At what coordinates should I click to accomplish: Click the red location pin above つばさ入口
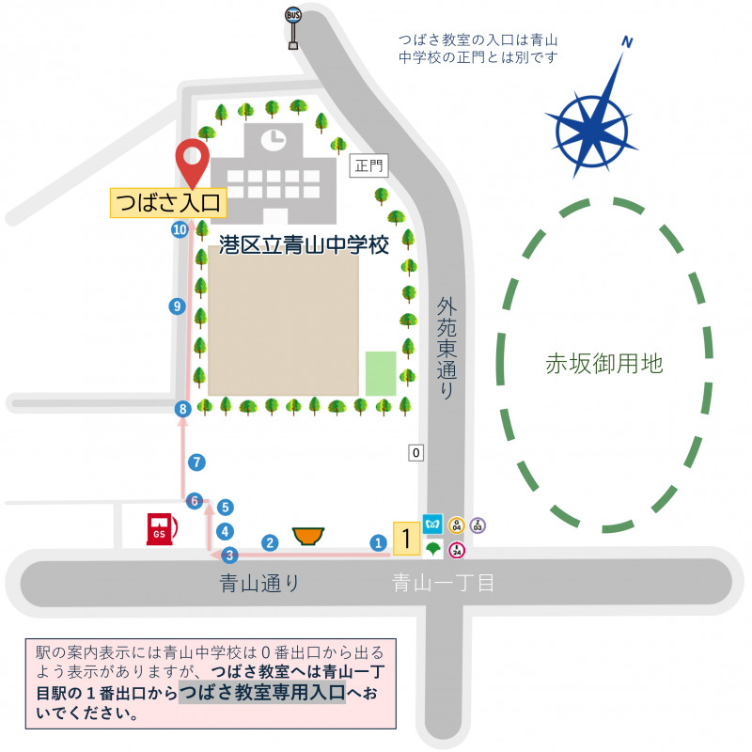click(x=195, y=163)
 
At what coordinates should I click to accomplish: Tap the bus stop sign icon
click(x=293, y=27)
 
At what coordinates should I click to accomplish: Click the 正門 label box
click(x=370, y=166)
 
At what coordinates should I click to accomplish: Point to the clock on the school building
click(x=273, y=140)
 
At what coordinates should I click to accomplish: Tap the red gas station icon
click(x=161, y=529)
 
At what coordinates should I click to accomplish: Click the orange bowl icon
click(x=307, y=536)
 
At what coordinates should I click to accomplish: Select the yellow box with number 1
click(x=405, y=539)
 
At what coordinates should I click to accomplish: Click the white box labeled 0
click(x=416, y=453)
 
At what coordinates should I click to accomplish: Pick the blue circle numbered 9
click(x=176, y=305)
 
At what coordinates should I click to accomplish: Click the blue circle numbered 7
click(x=196, y=462)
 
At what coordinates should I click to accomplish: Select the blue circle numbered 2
click(x=270, y=542)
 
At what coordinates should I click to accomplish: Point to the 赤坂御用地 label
click(x=604, y=365)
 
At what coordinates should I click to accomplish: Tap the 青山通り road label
click(x=259, y=584)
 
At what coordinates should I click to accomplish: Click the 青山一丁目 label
click(x=443, y=584)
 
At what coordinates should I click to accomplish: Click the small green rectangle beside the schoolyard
click(x=381, y=373)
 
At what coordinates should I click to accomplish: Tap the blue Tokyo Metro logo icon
click(x=433, y=522)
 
